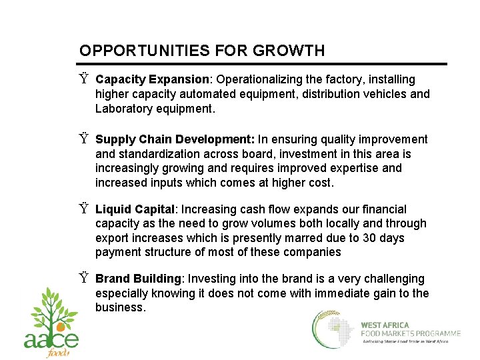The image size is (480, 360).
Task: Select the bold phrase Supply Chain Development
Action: (x=175, y=139)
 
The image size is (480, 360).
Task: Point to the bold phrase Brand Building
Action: (x=138, y=279)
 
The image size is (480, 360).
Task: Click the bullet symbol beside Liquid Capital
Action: (x=83, y=209)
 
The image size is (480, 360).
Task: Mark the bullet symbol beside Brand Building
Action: (x=83, y=279)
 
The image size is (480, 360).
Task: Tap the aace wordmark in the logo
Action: (x=51, y=339)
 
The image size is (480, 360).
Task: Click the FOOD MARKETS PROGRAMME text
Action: (x=410, y=333)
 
